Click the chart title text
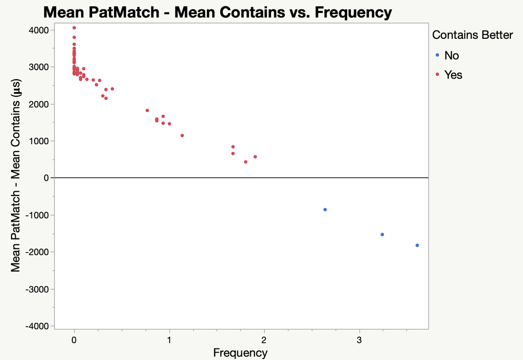(x=217, y=12)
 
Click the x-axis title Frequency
(x=240, y=353)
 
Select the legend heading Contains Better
(x=472, y=35)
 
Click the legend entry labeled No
(x=451, y=56)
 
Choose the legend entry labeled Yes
(x=453, y=75)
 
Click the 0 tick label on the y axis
(x=46, y=178)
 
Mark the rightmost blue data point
(x=417, y=245)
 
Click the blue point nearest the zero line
(x=325, y=210)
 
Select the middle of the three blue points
(x=382, y=235)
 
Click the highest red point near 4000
(x=74, y=28)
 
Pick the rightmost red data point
(x=255, y=157)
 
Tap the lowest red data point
(x=246, y=162)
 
